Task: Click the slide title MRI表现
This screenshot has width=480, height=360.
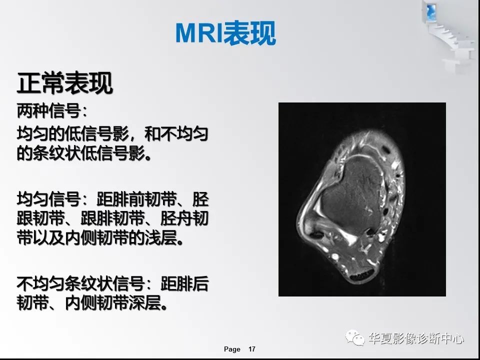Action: [225, 33]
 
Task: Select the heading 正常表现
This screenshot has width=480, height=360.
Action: [64, 83]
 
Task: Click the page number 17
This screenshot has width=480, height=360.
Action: [251, 349]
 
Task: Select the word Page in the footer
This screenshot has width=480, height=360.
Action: [232, 349]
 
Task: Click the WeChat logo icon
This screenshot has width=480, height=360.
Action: [357, 338]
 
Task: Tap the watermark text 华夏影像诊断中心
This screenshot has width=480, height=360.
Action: [416, 338]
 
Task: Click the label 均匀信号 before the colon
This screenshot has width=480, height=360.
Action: [48, 200]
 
